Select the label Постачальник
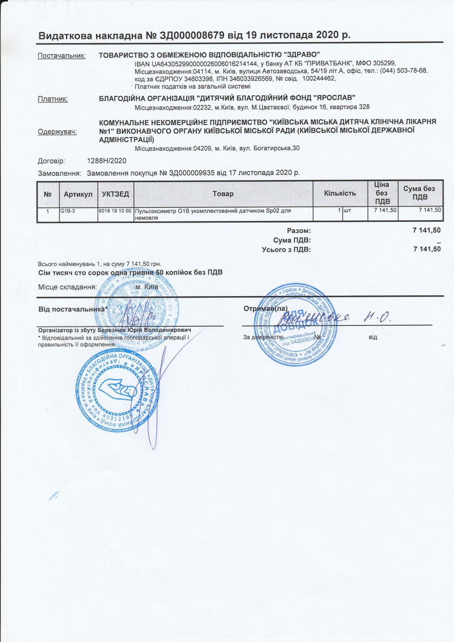tap(61, 56)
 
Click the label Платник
tap(53, 99)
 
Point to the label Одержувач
tap(57, 132)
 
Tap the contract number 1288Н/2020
tap(107, 161)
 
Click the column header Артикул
tap(78, 194)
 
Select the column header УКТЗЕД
tap(115, 194)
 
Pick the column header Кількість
tap(340, 193)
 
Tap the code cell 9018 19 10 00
tap(115, 211)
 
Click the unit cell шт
tap(347, 211)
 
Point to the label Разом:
tap(299, 231)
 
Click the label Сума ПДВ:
tap(292, 240)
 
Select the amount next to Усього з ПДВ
tap(427, 249)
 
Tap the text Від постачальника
tap(73, 309)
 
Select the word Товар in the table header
tap(223, 194)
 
